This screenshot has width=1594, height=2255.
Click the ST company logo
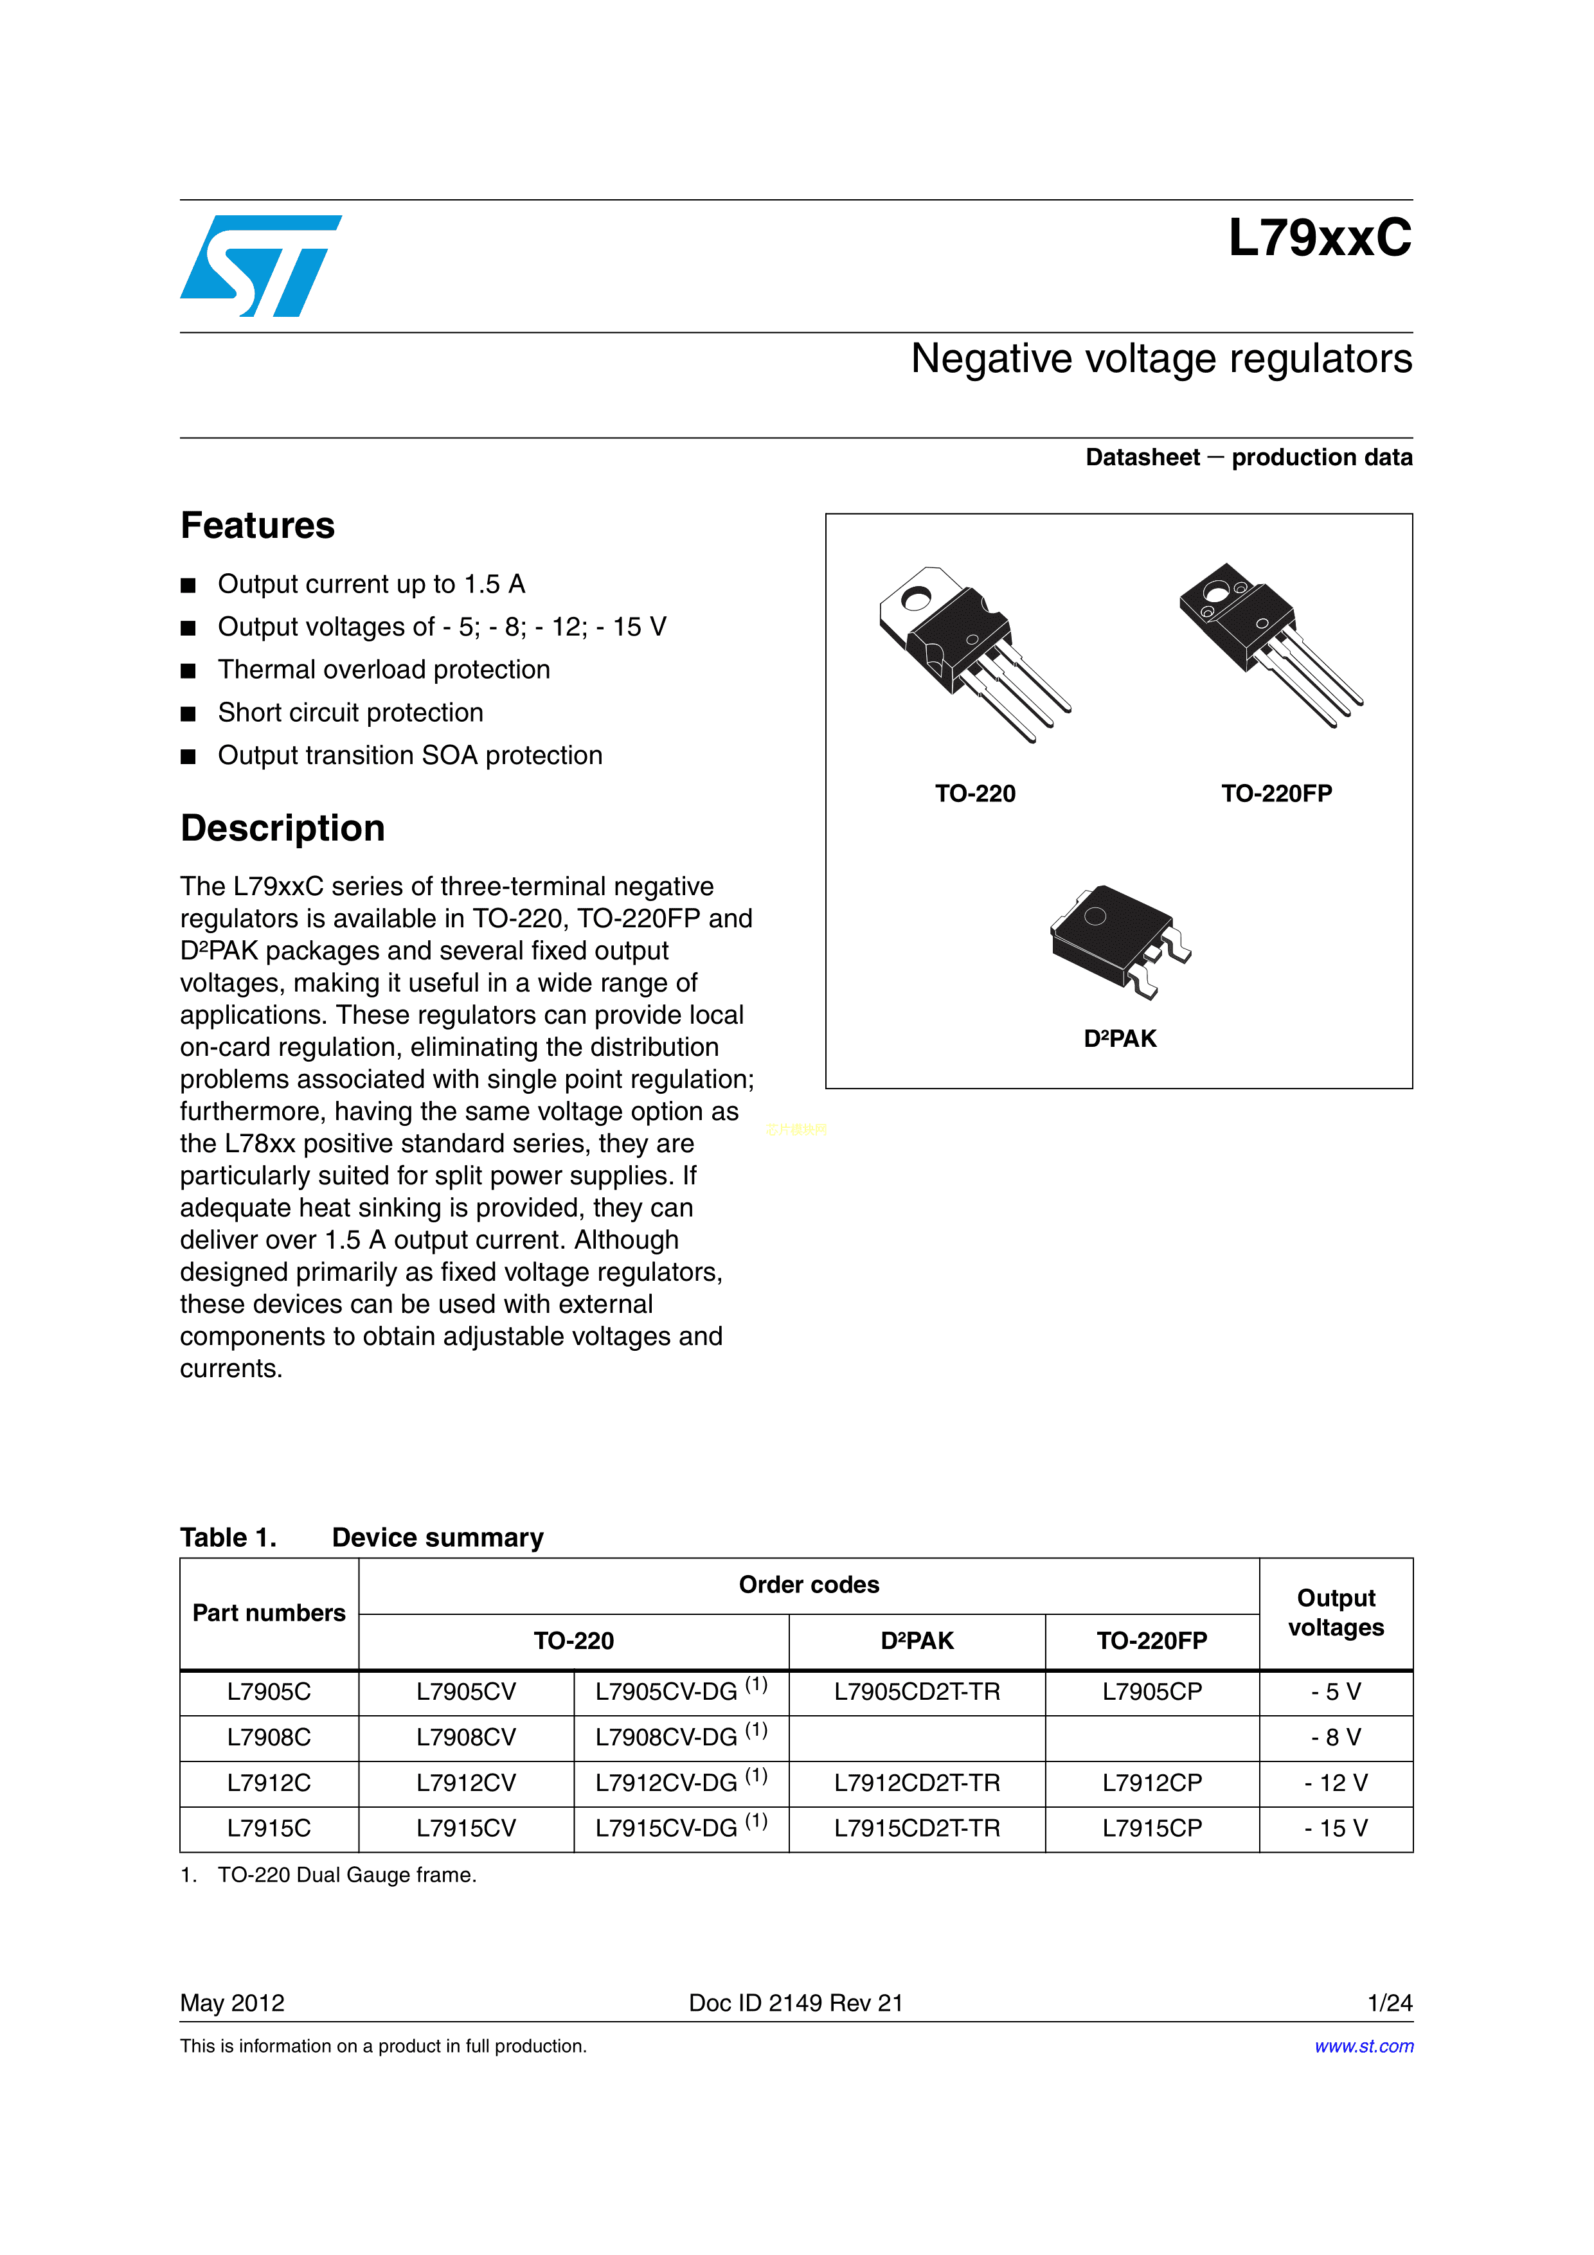point(260,266)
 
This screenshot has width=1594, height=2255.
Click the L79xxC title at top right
point(1319,238)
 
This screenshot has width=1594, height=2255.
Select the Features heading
point(257,526)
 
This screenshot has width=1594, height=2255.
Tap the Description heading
point(282,828)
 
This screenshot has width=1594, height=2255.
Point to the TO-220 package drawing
point(972,652)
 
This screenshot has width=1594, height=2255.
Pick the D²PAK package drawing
point(1120,940)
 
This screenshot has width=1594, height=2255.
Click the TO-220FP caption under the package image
point(1276,794)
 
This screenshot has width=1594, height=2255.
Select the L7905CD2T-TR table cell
point(917,1691)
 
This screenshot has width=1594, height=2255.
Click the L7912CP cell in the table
point(1151,1783)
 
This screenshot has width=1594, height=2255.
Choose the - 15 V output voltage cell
point(1336,1828)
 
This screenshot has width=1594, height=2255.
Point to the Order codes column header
point(809,1584)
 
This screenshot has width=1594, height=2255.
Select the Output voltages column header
point(1336,1612)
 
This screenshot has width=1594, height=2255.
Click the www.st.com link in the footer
point(1363,2046)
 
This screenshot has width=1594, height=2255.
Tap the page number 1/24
point(1390,2002)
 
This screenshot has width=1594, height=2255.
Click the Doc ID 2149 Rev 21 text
point(796,2002)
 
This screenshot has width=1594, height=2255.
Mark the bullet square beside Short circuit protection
point(188,713)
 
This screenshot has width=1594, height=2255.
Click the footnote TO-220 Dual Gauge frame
point(346,1875)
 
